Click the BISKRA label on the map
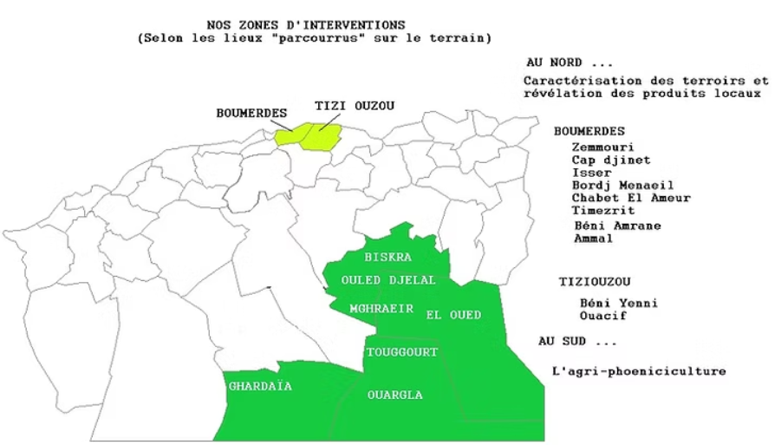tap(387, 258)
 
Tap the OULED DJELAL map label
tap(388, 280)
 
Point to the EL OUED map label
tap(454, 315)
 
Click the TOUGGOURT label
tap(401, 352)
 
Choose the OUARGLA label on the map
tap(394, 395)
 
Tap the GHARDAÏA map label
tap(259, 386)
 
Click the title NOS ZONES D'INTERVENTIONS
tap(306, 25)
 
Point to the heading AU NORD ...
tap(568, 63)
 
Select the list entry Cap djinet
tap(610, 160)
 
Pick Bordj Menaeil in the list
tap(622, 185)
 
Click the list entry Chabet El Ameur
tap(631, 198)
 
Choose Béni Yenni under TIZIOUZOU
tap(618, 303)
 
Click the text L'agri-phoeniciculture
tap(638, 371)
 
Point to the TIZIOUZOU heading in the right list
tap(594, 281)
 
